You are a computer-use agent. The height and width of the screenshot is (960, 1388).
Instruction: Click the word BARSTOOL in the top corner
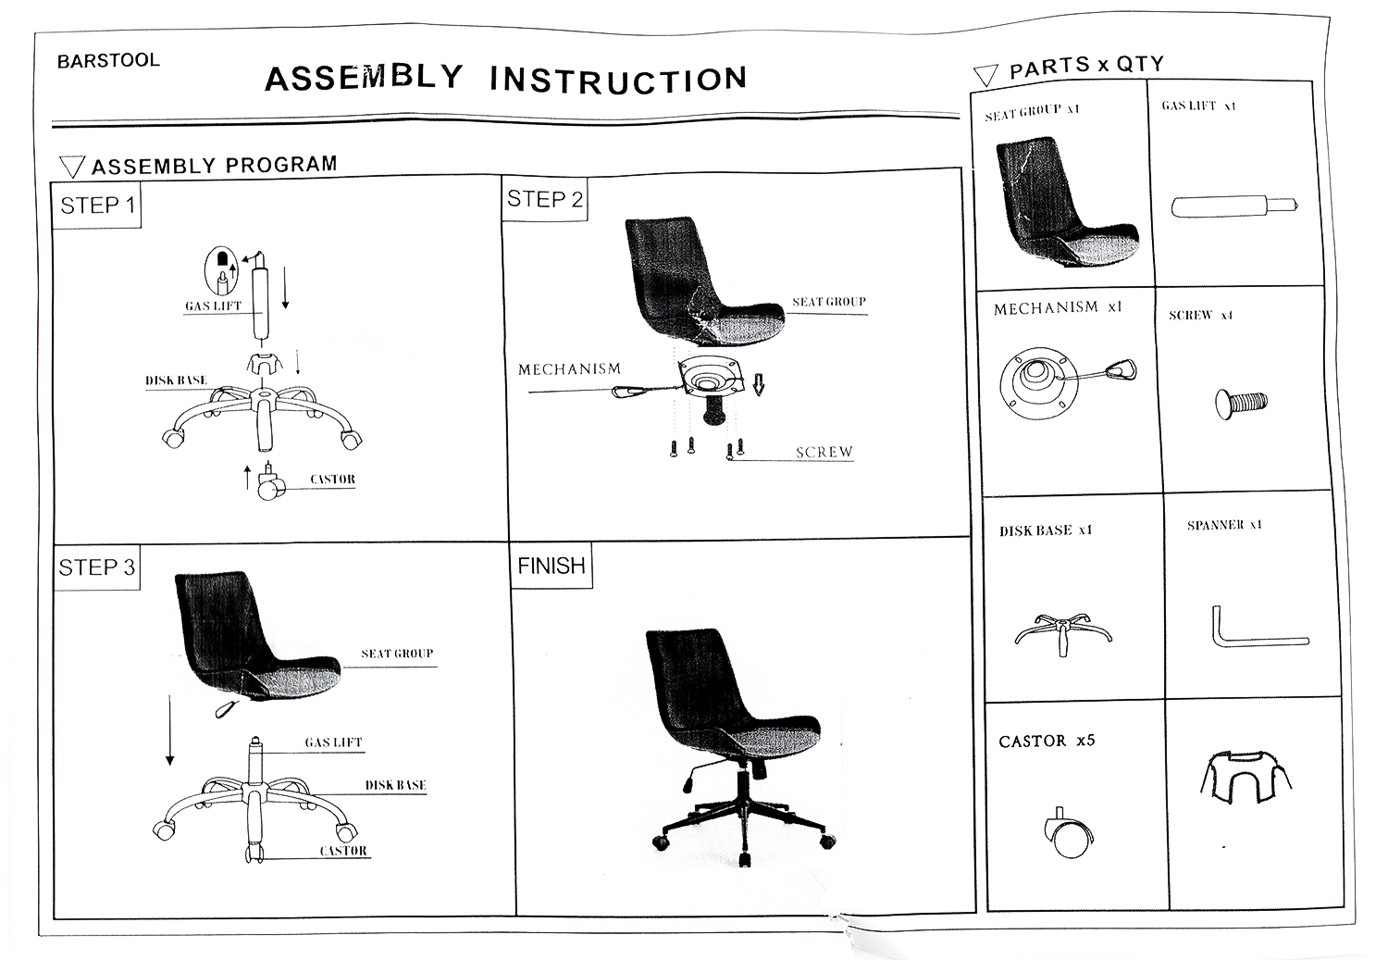108,61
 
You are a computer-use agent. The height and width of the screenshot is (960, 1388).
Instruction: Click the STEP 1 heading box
97,206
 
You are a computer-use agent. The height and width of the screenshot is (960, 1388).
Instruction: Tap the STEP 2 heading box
545,199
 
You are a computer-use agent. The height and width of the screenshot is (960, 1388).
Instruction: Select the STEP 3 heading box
96,567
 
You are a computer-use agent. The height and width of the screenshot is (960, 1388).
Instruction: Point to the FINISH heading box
551,566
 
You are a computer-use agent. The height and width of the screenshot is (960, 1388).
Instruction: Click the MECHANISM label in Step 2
569,369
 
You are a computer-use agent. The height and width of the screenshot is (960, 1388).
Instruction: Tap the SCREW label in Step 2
824,452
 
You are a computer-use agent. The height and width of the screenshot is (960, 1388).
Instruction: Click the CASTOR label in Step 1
332,480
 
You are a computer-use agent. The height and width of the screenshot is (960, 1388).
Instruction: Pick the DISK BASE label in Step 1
176,380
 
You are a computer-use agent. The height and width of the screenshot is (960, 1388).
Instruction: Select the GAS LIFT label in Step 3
333,742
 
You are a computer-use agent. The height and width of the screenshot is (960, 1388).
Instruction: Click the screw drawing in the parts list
1242,403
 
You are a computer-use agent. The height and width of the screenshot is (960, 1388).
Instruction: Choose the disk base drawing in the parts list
1063,633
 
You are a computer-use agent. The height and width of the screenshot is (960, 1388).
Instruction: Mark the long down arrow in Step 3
170,731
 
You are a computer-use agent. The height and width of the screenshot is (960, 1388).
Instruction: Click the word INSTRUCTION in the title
618,80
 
